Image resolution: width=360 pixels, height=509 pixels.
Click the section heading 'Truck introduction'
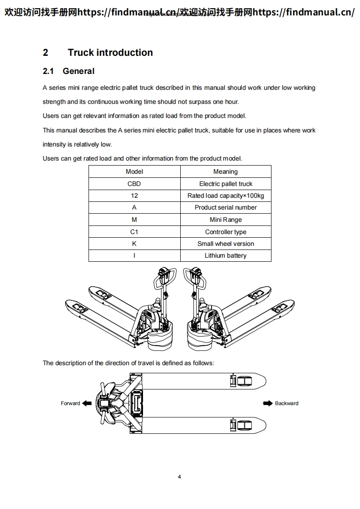coord(110,53)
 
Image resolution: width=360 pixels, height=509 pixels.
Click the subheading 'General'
coord(79,71)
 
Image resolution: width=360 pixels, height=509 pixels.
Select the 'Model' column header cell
coord(134,171)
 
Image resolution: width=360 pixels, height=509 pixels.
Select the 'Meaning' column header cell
coord(226,171)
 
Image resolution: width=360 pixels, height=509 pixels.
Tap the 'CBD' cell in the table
coord(134,184)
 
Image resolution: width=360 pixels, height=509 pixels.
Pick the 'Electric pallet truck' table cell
coord(226,184)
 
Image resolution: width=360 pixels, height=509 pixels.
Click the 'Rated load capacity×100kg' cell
coord(226,196)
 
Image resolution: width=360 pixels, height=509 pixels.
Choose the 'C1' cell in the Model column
coord(134,232)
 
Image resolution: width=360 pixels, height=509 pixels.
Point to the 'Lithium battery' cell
coord(226,255)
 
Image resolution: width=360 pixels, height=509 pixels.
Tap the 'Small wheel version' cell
coord(226,244)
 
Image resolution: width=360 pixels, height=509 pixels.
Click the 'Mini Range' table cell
coord(226,220)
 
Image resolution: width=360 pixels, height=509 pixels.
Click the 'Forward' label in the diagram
coord(70,403)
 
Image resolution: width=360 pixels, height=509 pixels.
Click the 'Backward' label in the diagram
coord(286,403)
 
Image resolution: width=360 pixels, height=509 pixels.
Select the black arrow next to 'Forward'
coord(87,403)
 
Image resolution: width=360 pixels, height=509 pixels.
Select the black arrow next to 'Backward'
coord(268,403)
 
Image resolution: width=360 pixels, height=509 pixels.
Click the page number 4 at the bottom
coord(180,477)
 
